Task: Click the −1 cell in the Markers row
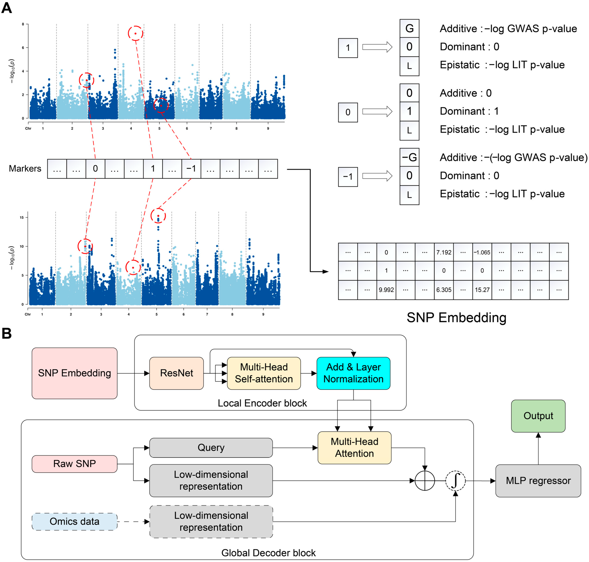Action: pyautogui.click(x=191, y=169)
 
